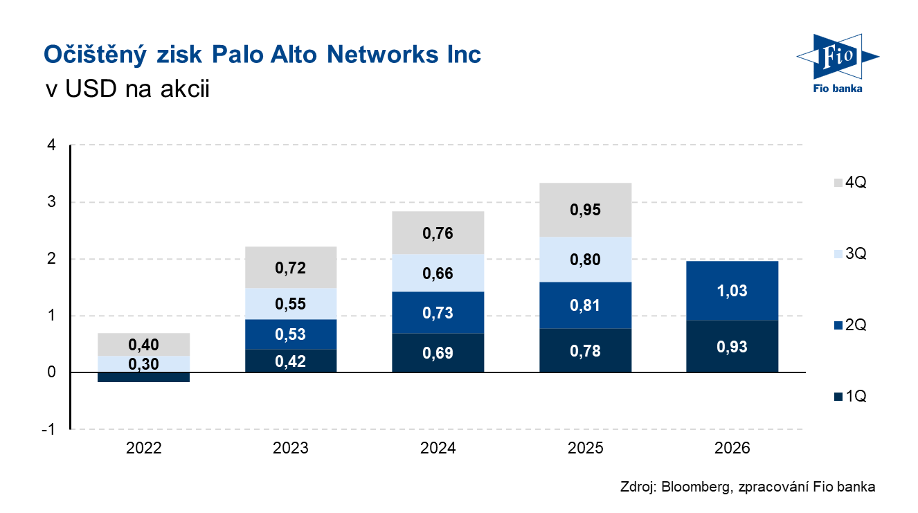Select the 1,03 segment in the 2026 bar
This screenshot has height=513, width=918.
tap(732, 291)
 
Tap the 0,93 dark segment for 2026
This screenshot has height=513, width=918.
tap(732, 346)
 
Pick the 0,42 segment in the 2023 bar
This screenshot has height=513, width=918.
tap(291, 361)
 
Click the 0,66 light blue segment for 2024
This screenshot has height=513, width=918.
tap(438, 273)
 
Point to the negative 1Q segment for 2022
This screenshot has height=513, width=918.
tap(144, 377)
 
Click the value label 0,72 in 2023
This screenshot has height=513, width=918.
tap(291, 268)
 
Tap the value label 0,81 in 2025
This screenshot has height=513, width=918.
tap(585, 305)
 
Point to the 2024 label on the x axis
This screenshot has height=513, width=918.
tap(438, 448)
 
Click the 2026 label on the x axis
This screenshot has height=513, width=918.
tap(732, 448)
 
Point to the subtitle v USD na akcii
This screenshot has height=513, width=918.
tap(126, 90)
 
